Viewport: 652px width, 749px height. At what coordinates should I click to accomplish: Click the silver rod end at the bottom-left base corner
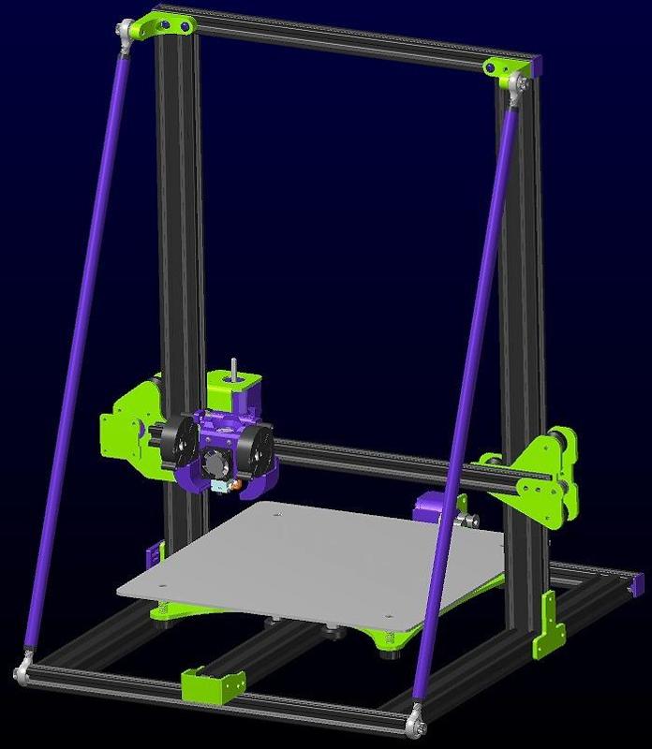(x=22, y=672)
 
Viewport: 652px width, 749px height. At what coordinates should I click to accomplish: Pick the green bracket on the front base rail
(x=206, y=685)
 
